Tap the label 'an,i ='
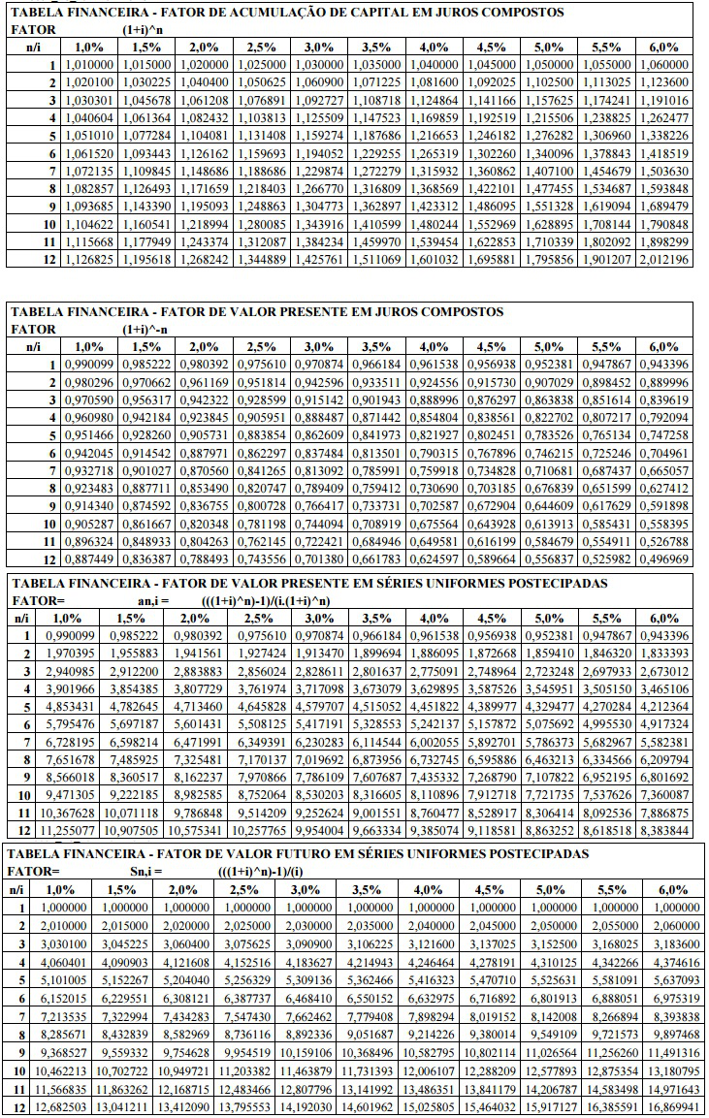point(154,600)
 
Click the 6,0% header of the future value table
point(663,889)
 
